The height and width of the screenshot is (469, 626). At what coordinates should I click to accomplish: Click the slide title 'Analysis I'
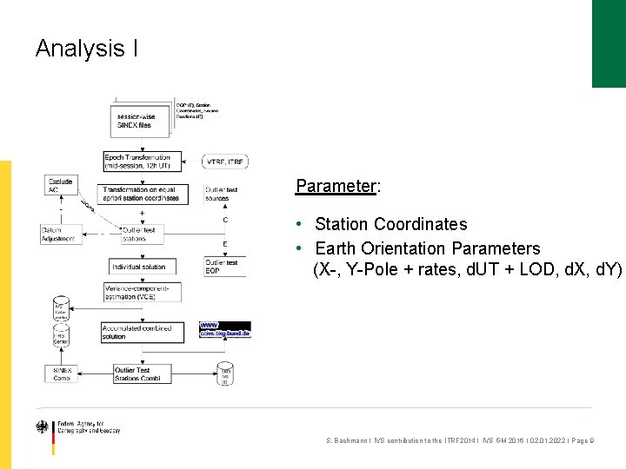click(86, 49)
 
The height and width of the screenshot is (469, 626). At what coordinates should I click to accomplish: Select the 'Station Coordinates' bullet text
click(390, 224)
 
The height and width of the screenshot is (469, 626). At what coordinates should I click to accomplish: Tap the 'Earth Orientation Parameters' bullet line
click(427, 248)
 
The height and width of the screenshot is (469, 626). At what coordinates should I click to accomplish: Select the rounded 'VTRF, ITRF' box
click(225, 162)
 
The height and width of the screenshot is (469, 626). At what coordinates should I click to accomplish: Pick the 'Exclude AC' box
click(61, 186)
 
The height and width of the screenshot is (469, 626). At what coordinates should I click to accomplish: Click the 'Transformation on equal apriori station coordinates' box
click(141, 194)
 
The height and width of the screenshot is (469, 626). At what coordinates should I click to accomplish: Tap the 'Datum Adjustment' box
click(59, 234)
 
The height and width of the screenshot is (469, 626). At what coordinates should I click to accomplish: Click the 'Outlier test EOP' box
click(223, 267)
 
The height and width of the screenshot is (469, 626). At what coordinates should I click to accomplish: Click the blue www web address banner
click(224, 329)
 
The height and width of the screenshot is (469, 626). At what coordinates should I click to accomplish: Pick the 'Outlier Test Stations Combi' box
click(142, 374)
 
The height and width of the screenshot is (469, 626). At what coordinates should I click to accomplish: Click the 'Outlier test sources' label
click(221, 194)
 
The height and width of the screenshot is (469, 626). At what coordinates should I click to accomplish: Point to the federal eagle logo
click(42, 427)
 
